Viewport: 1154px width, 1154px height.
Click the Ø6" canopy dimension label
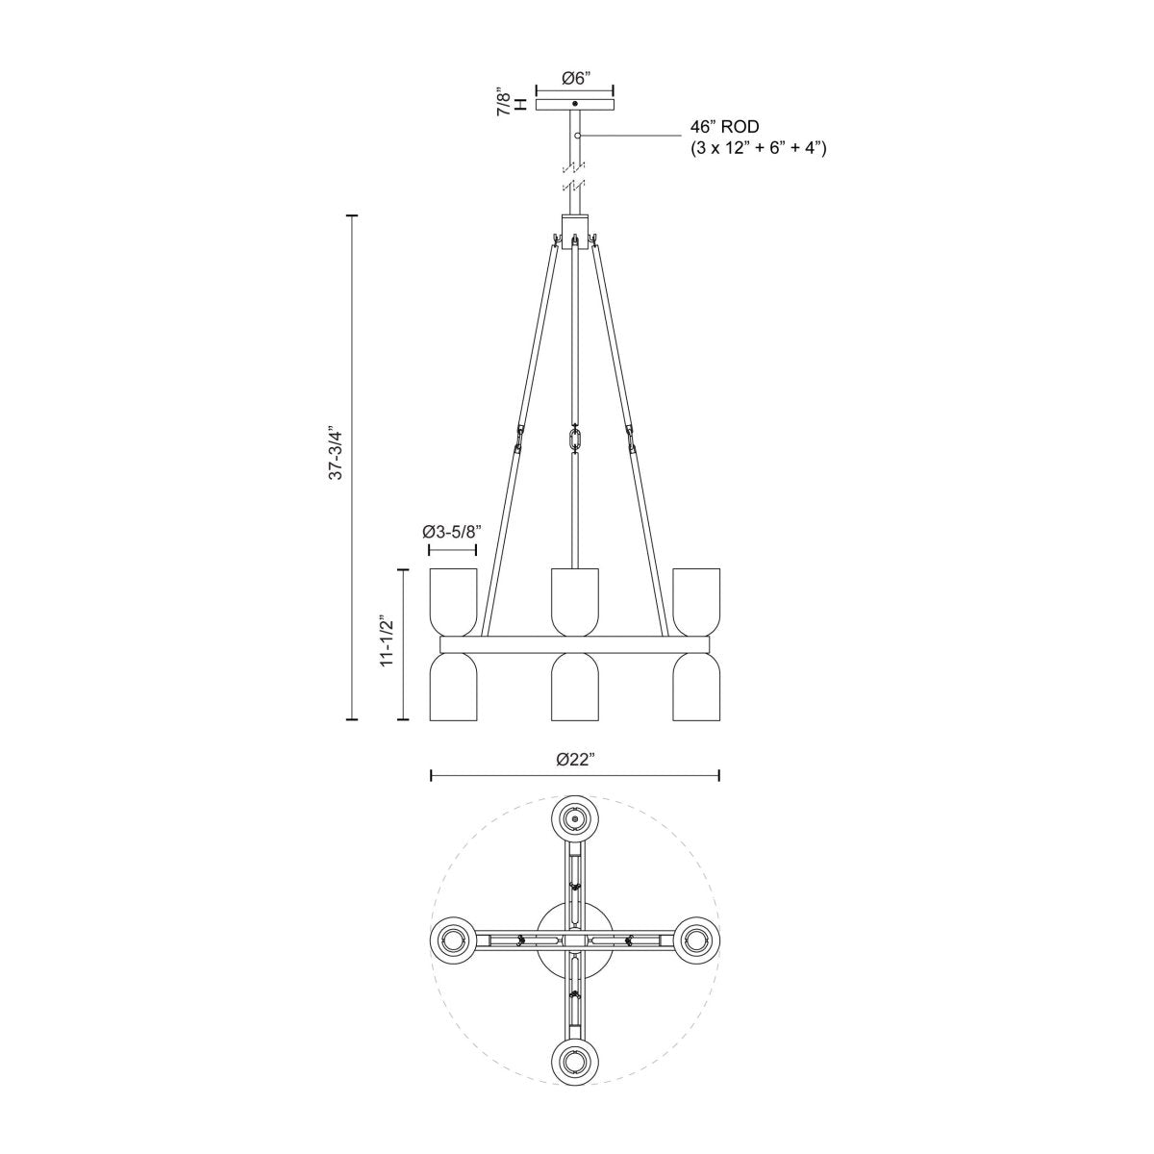coord(575,79)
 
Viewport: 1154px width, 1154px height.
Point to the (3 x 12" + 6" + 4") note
coord(759,148)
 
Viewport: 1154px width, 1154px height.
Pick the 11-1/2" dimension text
coord(387,642)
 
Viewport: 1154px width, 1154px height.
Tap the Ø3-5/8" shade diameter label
coord(452,531)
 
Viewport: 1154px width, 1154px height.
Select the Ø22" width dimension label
coord(575,759)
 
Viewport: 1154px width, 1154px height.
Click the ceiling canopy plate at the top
coord(575,104)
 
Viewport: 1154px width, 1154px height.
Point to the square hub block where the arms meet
coord(575,231)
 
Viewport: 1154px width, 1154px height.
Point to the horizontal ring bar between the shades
coord(575,643)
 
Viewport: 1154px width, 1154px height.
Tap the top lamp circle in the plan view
coord(575,818)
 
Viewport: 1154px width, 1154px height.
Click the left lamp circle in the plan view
coord(453,939)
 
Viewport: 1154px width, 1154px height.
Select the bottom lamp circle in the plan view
coord(575,1061)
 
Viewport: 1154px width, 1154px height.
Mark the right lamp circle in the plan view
coord(696,939)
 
